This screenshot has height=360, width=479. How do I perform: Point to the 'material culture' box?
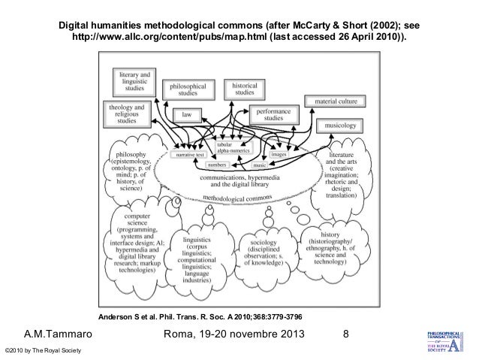(336, 101)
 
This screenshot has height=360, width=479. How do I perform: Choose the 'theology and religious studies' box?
(126, 115)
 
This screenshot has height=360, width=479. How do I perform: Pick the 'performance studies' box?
(273, 114)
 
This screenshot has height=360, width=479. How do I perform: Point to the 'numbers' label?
(217, 163)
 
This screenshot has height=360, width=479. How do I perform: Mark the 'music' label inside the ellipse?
(259, 164)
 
